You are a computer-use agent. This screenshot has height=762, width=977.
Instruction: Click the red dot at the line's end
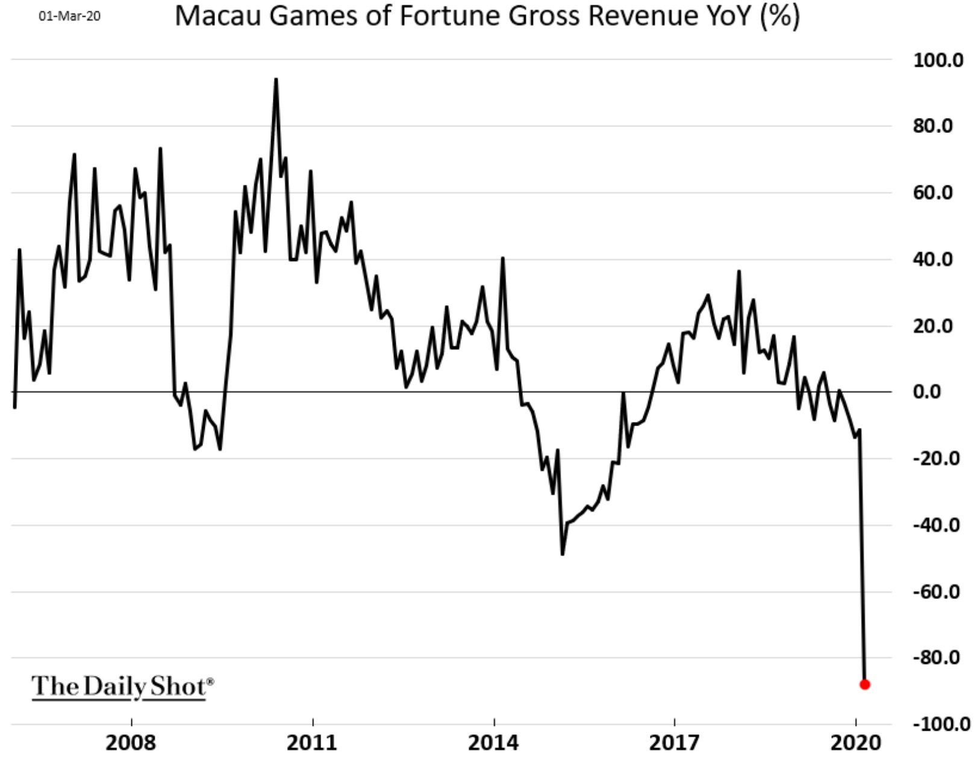864,684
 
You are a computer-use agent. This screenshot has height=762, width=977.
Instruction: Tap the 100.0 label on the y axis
938,60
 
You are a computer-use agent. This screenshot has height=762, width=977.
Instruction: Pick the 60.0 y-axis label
938,193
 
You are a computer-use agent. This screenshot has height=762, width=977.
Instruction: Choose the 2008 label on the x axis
131,743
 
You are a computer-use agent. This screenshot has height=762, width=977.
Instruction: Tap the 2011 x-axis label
312,743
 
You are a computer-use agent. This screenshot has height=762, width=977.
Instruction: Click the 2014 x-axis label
493,743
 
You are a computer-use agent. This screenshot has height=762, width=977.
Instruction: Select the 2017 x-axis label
675,743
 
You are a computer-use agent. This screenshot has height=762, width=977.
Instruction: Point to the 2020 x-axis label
855,743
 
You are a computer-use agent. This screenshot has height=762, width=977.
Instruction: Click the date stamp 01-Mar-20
70,16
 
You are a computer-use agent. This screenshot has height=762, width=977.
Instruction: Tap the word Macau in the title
218,16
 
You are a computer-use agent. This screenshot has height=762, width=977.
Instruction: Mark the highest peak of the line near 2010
276,79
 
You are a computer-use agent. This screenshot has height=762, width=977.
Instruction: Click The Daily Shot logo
122,687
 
